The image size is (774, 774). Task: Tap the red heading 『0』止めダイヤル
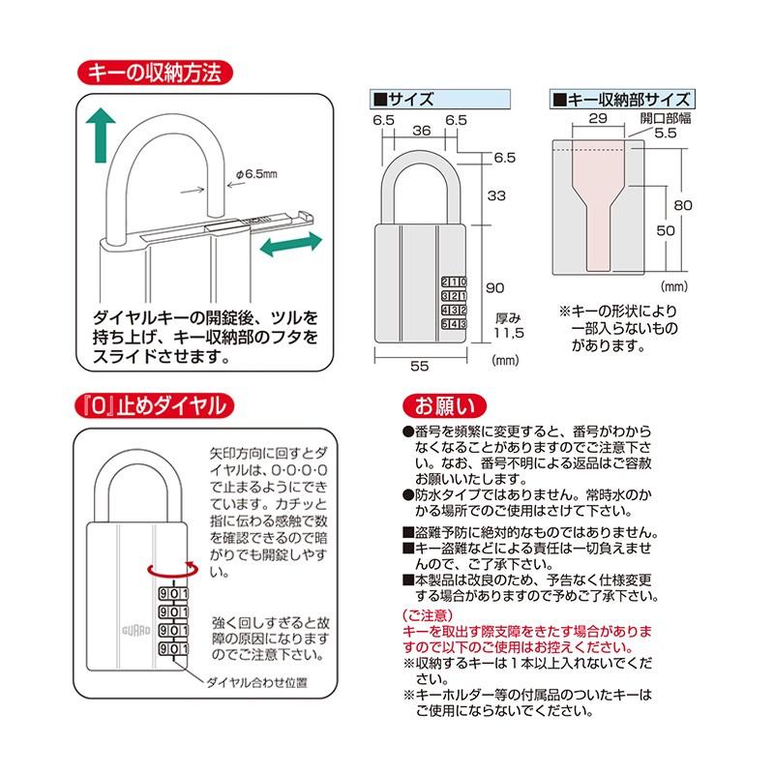tap(155, 404)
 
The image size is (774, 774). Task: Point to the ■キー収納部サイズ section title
tap(620, 99)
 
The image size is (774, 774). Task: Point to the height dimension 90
tap(494, 288)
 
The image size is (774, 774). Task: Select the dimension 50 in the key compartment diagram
tap(664, 229)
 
